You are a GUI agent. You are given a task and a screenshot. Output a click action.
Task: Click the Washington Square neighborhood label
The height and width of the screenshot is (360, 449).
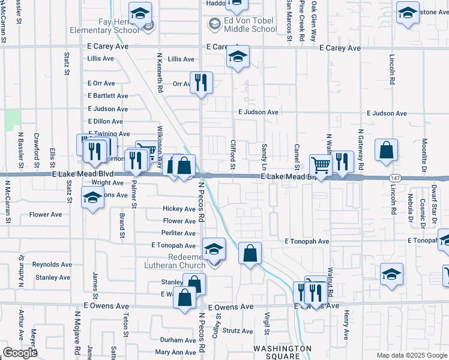[x=283, y=352]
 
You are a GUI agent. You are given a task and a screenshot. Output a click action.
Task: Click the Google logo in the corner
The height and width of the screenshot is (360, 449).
[x=20, y=353]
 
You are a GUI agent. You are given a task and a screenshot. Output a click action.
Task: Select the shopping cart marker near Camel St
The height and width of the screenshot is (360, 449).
[x=321, y=164]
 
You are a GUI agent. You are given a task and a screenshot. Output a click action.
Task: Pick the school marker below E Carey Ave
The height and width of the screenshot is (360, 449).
[x=238, y=57]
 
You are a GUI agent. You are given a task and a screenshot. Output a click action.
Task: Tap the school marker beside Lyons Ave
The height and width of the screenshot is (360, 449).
[x=92, y=198]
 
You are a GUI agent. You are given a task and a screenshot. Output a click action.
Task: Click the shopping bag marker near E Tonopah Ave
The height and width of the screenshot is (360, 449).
[x=250, y=252]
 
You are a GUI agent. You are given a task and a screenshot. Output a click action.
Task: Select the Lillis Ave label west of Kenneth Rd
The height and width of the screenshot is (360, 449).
[x=100, y=59]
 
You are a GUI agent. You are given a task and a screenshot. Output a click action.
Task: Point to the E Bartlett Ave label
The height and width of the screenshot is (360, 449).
[x=108, y=96]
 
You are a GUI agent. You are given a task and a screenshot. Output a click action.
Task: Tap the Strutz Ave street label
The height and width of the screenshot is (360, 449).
[x=238, y=331]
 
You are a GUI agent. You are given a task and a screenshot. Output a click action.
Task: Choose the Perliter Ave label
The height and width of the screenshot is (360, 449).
[x=179, y=233]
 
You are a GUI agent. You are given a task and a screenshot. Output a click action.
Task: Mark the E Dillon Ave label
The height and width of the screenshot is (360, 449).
[x=105, y=122]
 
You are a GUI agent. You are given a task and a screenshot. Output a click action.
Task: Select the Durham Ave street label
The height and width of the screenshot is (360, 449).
[x=178, y=340]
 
